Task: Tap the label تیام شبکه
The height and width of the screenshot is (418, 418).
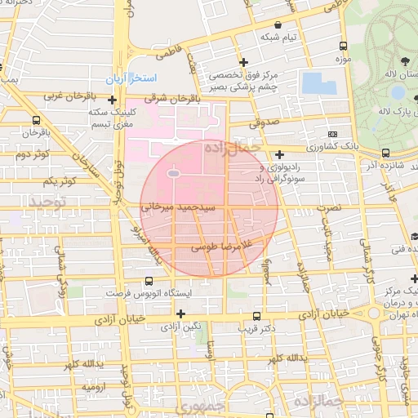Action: tap(279, 38)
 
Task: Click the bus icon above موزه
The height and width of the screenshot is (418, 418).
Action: tap(343, 47)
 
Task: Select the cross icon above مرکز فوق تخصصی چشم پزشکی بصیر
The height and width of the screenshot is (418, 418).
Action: tap(242, 62)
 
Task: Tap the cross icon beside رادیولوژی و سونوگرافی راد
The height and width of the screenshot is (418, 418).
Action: tap(279, 154)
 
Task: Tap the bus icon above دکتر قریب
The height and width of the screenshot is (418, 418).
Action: tap(256, 316)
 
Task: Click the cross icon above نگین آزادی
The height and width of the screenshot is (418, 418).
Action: tap(180, 313)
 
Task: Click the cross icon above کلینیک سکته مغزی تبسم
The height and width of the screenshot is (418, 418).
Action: tap(112, 100)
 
